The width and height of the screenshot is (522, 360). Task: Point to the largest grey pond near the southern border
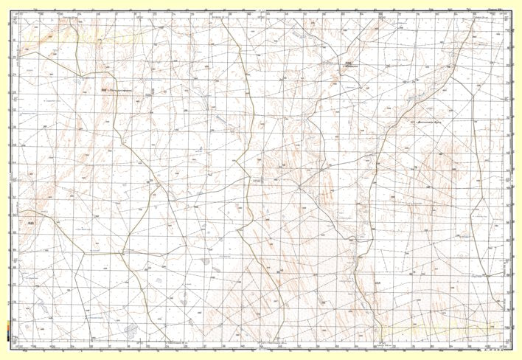coord(130,328)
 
